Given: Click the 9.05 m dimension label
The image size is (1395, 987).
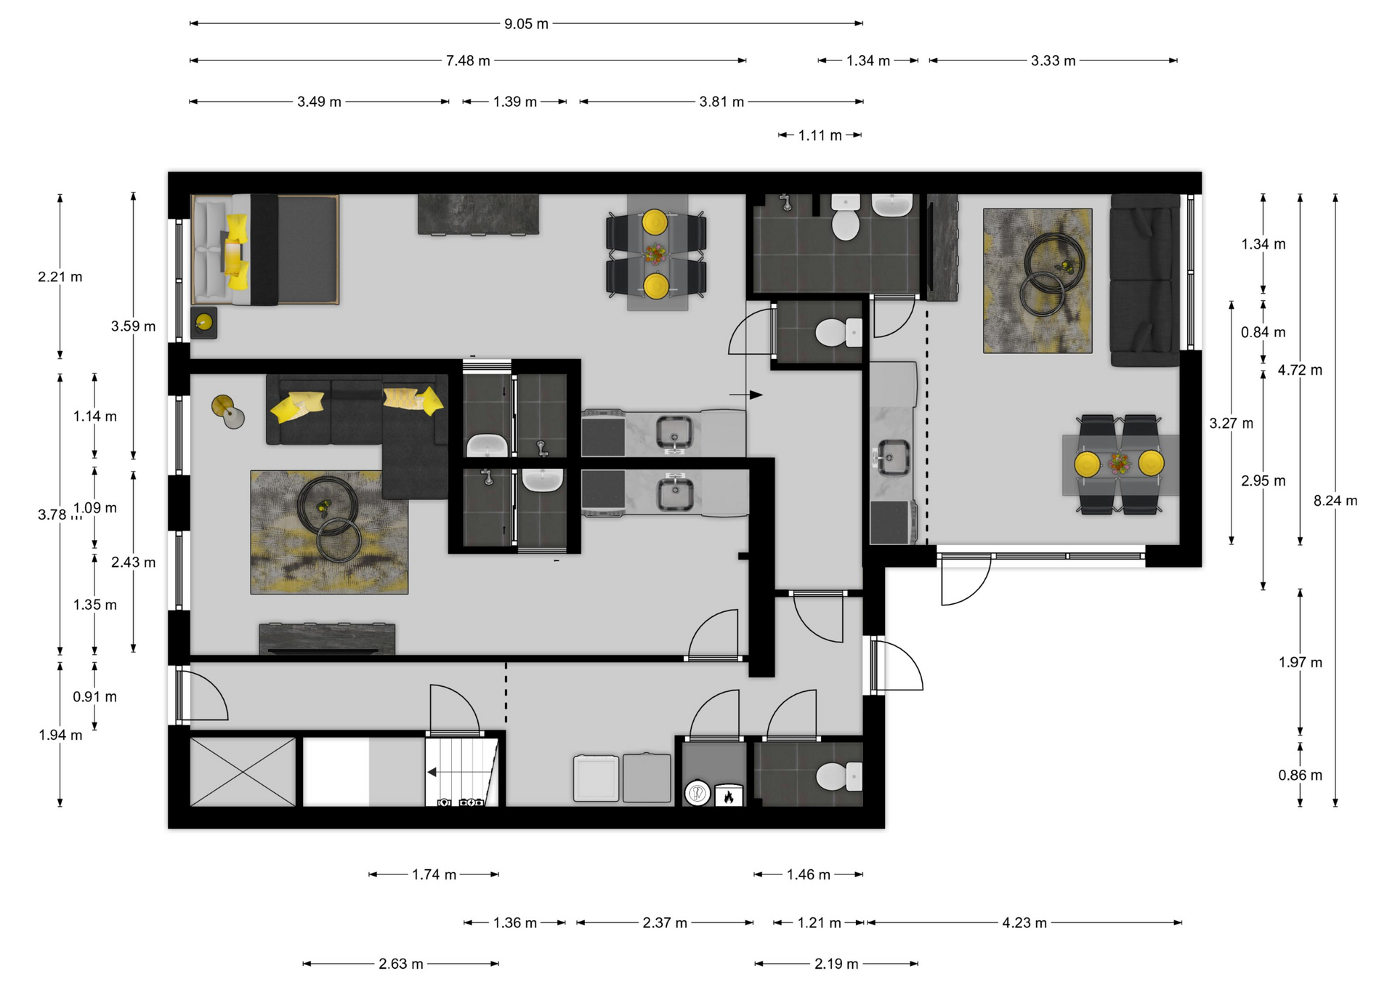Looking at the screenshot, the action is click(526, 24).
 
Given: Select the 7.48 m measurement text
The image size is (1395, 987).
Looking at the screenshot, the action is click(468, 61).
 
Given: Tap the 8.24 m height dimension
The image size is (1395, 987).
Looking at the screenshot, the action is click(1335, 501).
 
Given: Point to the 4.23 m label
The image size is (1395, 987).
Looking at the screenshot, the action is click(1024, 923).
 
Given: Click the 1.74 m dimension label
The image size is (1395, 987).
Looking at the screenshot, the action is click(434, 875).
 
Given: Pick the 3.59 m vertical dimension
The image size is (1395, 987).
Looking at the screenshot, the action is click(133, 326).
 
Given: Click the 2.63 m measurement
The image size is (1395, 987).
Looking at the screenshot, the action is click(400, 964).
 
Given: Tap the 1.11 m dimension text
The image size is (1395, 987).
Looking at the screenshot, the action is click(820, 136).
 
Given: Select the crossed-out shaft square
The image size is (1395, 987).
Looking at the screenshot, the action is click(243, 772).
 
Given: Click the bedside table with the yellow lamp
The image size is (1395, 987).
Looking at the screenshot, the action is click(204, 323).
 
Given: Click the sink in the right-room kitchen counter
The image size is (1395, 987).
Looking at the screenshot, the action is click(893, 457).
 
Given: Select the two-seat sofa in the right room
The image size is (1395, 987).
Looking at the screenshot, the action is click(1145, 280).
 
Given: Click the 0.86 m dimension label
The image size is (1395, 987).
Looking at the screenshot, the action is click(1300, 775).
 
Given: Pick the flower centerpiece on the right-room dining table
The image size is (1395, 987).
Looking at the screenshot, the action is click(1119, 462).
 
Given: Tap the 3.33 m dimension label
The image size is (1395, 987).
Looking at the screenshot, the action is click(1053, 61).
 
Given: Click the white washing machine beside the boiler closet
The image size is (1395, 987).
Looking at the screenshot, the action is click(596, 778).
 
